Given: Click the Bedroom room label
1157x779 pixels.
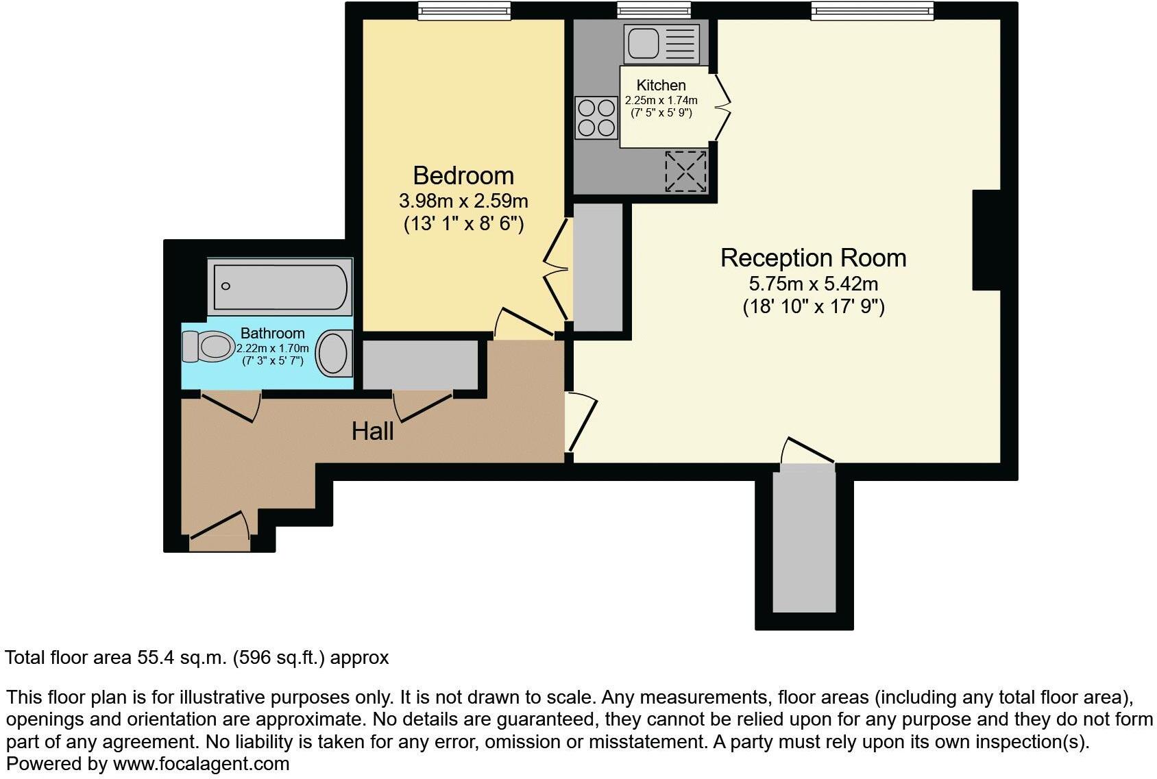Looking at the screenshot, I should coord(463,176).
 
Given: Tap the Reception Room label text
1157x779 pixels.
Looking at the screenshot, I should coord(813,258).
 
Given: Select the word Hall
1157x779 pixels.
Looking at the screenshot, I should coord(372,431).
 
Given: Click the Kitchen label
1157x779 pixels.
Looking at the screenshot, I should coord(661,86).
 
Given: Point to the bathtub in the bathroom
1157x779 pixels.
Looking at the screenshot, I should coord(280,286).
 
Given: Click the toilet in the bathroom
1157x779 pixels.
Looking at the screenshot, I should coord(207,347).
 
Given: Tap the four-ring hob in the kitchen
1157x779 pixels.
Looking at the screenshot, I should coord(596,118).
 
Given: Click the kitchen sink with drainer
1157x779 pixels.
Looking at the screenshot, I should coord(661,43).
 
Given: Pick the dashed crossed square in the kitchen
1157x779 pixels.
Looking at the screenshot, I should coord(685,171).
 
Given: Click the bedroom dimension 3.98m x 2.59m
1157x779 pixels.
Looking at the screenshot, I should coord(463,201).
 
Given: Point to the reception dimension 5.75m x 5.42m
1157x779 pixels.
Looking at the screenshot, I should coord(813,284).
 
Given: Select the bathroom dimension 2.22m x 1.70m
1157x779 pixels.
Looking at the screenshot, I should coord(273,348).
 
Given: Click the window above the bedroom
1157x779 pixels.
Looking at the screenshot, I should coord(464,10).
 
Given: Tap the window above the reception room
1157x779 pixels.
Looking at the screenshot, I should coord(872,10).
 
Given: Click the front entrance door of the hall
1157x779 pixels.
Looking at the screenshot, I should coord(219,531).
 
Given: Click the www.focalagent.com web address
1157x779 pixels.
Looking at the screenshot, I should coord(201,764).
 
